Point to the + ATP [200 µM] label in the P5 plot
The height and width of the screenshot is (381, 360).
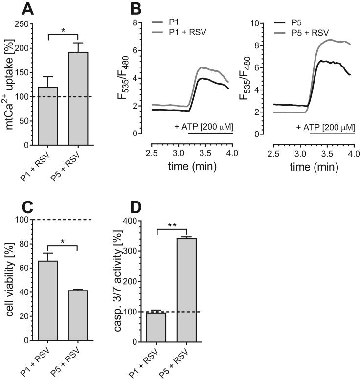pos(325,127)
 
